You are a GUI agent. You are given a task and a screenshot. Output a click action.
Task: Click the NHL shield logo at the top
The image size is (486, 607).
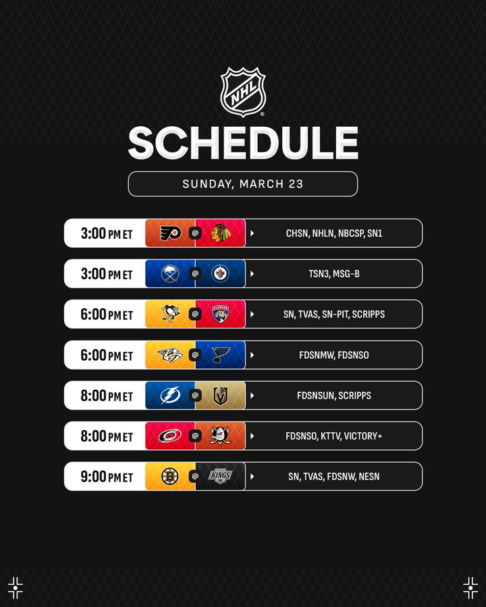243,92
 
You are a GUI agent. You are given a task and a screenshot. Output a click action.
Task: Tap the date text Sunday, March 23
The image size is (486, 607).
243,184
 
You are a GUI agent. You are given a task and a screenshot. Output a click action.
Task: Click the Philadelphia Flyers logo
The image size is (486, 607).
171,233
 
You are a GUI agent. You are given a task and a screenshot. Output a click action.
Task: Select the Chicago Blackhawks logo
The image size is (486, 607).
220,233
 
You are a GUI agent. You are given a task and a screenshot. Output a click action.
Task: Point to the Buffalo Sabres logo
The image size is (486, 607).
170,274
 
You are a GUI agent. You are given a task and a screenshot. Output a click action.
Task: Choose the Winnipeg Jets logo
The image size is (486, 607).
220,274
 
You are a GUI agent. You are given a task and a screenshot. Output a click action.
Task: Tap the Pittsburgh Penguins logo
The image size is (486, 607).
171,314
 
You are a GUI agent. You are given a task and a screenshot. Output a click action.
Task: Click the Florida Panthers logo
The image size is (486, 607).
220,314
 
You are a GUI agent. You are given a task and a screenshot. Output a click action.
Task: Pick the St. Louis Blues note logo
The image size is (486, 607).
221,355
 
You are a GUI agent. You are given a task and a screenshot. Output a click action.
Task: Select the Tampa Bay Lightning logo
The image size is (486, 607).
171,395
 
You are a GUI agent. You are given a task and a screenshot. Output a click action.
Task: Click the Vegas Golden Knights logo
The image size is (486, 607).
220,395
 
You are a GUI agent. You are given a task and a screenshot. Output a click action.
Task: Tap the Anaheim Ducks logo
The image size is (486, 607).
220,436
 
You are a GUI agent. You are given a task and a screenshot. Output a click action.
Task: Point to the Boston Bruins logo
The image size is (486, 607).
169,476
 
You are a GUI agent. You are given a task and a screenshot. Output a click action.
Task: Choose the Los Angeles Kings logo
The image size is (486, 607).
220,476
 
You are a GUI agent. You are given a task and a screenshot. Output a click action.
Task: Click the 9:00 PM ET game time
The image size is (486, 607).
107,477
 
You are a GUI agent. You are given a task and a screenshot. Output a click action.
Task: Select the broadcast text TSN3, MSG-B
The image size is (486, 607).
334,274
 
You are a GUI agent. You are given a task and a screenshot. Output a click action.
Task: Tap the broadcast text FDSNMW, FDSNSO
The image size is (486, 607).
334,355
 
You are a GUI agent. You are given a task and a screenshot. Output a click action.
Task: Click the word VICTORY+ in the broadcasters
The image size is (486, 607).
363,436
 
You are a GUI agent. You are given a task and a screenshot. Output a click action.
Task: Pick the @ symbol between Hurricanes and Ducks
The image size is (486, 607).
195,436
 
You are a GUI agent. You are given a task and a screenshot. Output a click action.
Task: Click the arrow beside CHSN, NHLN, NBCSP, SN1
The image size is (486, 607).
252,233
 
